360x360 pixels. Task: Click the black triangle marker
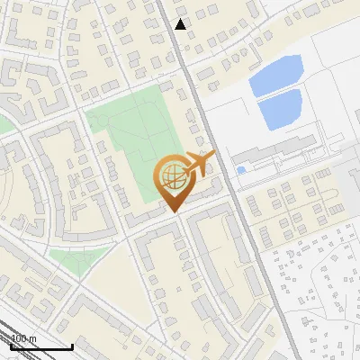(x=181, y=24)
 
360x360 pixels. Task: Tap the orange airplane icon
(x=198, y=164)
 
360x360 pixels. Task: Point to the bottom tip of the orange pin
(x=172, y=212)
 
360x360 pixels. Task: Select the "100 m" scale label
(x=24, y=338)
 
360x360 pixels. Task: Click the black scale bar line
(x=41, y=346)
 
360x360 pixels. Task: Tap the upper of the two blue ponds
(x=275, y=75)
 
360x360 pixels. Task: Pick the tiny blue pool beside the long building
(x=240, y=169)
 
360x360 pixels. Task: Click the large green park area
(x=135, y=135)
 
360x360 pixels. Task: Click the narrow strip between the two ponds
(x=276, y=94)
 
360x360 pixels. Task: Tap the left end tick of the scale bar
(x=12, y=346)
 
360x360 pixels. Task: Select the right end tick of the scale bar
(x=72, y=346)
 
